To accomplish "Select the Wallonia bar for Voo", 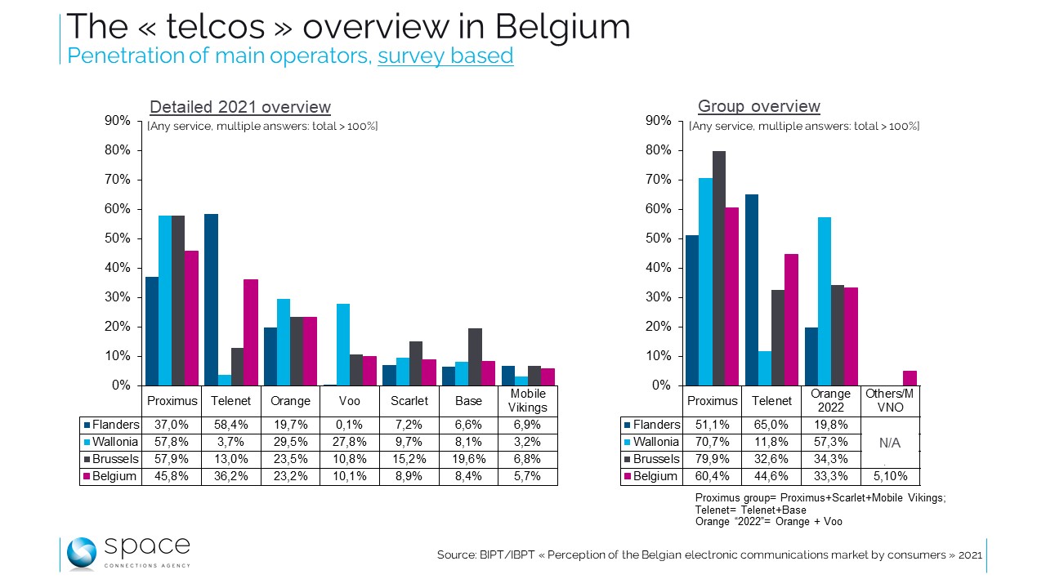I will (x=343, y=344).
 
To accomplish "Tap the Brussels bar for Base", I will (x=475, y=356).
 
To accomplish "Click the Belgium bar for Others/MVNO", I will (x=910, y=378).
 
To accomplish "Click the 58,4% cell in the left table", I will (x=230, y=425).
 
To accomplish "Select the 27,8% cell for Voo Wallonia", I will (x=350, y=442).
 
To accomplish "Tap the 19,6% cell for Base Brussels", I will (x=468, y=459).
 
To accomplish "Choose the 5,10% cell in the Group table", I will (x=891, y=476).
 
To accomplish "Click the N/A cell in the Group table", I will (x=891, y=443).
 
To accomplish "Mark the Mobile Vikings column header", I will (x=527, y=401).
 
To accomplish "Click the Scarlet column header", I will (x=409, y=401).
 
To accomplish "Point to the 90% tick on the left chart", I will (x=118, y=121).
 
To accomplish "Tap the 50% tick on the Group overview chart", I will (x=659, y=238).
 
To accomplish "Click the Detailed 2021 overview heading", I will (x=240, y=107).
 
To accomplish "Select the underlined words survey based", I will (x=445, y=56).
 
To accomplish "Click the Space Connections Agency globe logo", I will (x=82, y=554).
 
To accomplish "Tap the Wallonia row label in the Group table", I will (x=656, y=442).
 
